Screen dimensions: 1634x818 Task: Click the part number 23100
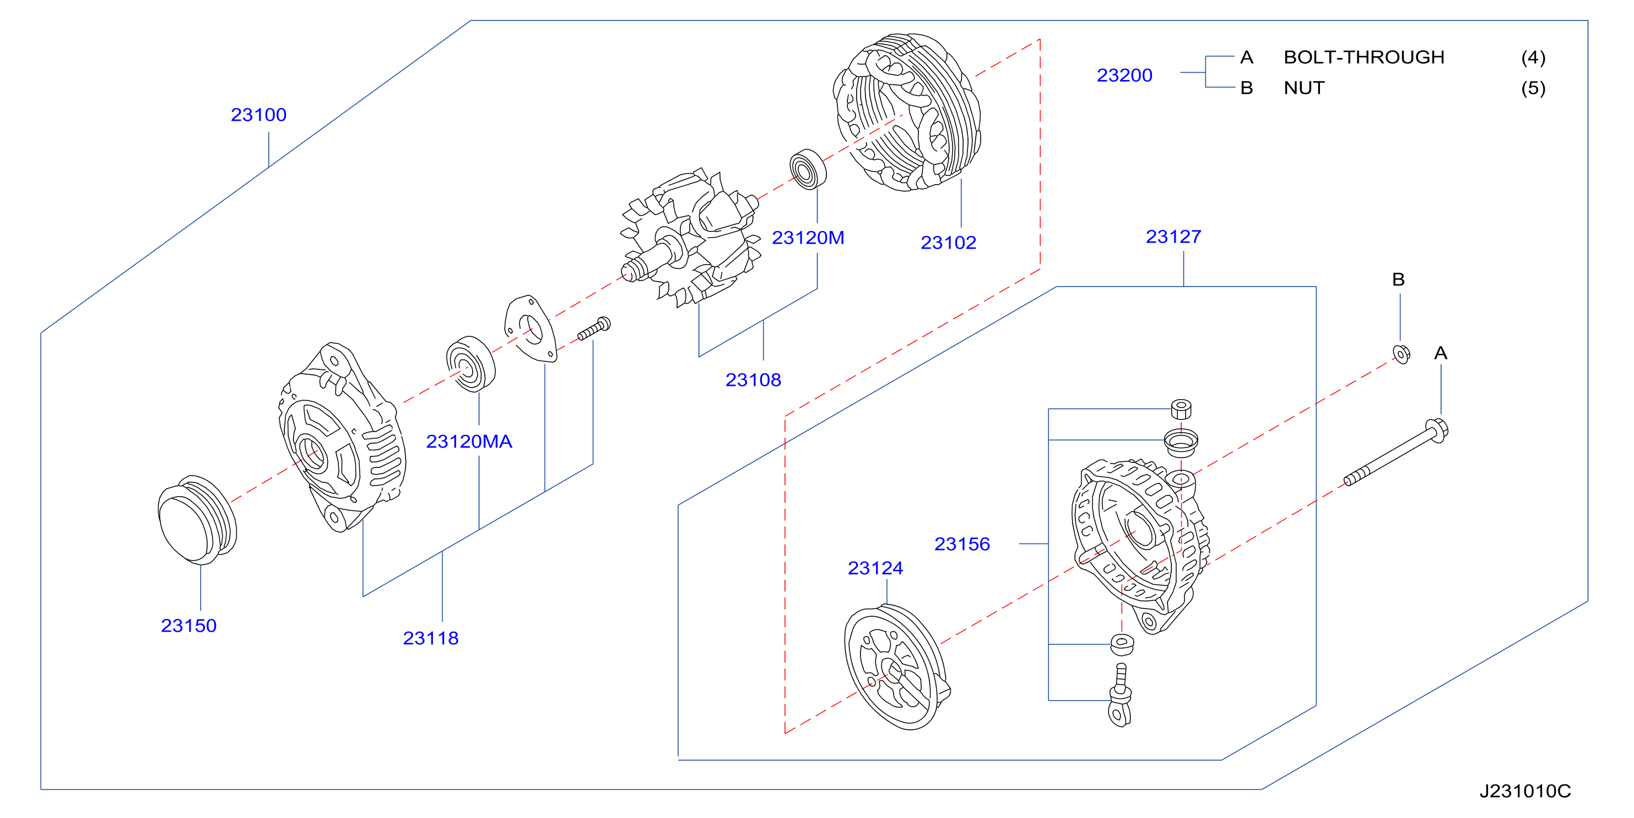click(x=258, y=115)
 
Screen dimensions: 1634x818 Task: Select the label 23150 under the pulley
click(x=188, y=626)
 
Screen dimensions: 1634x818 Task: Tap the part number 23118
click(x=431, y=638)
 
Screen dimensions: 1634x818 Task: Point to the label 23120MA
click(x=469, y=442)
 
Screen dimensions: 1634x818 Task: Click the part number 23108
click(x=753, y=380)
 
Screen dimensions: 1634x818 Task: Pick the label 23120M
click(x=808, y=238)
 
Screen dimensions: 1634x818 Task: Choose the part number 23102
click(x=948, y=243)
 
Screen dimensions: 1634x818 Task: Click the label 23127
click(x=1173, y=236)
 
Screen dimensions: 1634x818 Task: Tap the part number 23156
click(x=962, y=545)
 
